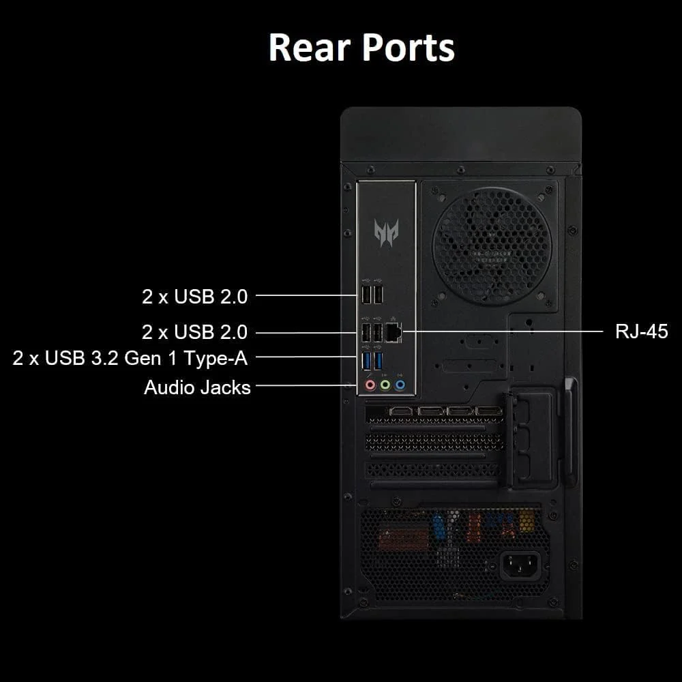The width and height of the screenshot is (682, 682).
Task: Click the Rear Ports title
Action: click(x=362, y=48)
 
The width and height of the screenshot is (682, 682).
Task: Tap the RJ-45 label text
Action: click(x=642, y=331)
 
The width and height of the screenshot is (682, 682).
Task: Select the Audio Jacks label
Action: click(x=197, y=387)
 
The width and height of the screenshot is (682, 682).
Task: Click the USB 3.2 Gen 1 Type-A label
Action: click(x=130, y=359)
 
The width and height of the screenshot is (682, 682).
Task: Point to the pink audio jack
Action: click(x=370, y=385)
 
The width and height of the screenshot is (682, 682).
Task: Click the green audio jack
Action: click(x=385, y=385)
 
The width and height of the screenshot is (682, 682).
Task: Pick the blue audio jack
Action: click(x=400, y=385)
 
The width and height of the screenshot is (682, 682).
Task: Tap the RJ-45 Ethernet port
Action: click(x=394, y=333)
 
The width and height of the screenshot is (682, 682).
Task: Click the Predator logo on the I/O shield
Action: click(x=386, y=233)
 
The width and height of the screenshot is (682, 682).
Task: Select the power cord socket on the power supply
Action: click(x=521, y=565)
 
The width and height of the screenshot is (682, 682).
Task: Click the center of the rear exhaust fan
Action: click(x=492, y=246)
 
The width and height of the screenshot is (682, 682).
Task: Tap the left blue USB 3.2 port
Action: click(x=366, y=361)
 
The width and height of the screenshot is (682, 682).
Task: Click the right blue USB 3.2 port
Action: click(x=378, y=361)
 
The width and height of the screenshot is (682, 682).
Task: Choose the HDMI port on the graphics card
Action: click(x=401, y=411)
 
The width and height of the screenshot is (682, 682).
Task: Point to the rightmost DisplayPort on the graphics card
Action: click(x=489, y=411)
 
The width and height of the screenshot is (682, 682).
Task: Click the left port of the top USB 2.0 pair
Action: click(x=366, y=295)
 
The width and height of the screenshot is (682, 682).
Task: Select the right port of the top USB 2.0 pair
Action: click(x=378, y=295)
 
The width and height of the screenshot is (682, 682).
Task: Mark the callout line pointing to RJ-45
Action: click(x=503, y=331)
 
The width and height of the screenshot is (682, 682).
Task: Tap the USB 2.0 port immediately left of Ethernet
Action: click(x=378, y=333)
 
